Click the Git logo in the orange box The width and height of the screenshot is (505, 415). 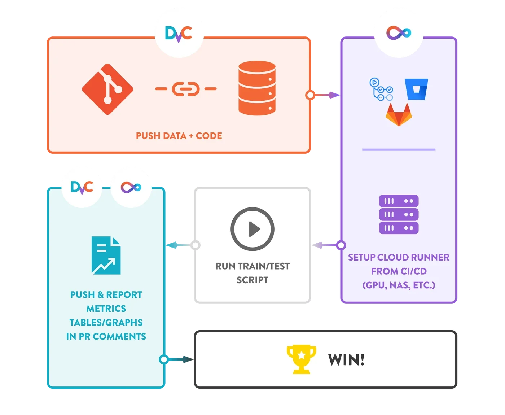[x=107, y=89]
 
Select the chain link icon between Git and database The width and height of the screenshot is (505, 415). [x=186, y=89]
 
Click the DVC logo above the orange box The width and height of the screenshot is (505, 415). [x=179, y=34]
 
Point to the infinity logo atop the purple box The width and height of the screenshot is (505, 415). [x=399, y=33]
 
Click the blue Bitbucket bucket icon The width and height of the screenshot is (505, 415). [x=416, y=89]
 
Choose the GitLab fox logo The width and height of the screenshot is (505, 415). [x=399, y=115]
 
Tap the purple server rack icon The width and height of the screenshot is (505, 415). [x=399, y=214]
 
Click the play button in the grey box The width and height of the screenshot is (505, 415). [x=252, y=229]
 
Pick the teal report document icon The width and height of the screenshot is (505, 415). [x=106, y=255]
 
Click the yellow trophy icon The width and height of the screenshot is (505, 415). [x=301, y=359]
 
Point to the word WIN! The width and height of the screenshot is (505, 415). [x=346, y=360]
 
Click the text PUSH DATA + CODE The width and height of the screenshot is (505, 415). [x=179, y=136]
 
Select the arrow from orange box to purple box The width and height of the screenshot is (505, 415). [x=325, y=95]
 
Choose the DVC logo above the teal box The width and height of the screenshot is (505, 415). [x=82, y=187]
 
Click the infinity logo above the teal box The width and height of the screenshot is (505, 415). [x=131, y=187]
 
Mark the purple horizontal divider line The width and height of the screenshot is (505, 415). [x=399, y=149]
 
